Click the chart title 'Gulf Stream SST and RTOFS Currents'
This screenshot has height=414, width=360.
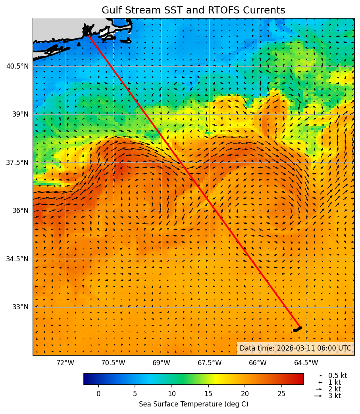click(x=193, y=10)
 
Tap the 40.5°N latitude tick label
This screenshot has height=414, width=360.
click(x=17, y=66)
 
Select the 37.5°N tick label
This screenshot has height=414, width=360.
click(x=17, y=163)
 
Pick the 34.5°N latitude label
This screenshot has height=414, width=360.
click(x=17, y=259)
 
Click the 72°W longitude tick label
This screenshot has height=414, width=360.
click(x=65, y=363)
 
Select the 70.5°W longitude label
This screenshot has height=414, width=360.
click(x=113, y=363)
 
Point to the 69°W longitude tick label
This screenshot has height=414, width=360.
click(x=161, y=363)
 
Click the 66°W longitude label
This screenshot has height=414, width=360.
click(x=258, y=363)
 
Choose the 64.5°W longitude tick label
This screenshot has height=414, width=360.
click(x=306, y=363)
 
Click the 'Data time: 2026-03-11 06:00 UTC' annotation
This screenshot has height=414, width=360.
click(x=295, y=348)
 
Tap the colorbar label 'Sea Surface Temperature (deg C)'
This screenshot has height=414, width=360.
click(x=193, y=404)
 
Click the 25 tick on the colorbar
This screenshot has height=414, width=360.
click(x=281, y=394)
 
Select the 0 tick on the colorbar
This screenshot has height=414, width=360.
click(x=98, y=394)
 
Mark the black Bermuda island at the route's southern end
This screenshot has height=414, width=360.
click(x=297, y=329)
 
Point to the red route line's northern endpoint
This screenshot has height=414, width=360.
click(x=88, y=35)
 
